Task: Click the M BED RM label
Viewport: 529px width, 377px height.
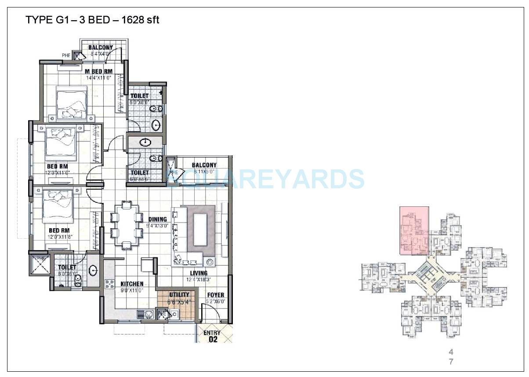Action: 98,71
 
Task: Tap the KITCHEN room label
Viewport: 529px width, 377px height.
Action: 132,284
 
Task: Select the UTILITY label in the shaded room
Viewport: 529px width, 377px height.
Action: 179,294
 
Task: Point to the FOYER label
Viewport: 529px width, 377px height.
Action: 215,295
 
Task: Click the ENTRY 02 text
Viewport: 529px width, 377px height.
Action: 212,336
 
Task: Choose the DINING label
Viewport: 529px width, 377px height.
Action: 157,219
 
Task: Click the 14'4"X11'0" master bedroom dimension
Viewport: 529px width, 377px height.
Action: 98,78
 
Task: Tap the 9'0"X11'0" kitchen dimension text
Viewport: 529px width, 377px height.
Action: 132,291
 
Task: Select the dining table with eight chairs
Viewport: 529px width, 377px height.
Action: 127,224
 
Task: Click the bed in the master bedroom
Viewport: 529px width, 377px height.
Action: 72,102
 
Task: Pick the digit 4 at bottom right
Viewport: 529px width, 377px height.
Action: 450,352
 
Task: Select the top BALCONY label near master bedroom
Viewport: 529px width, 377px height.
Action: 101,47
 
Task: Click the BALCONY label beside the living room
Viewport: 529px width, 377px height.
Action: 204,165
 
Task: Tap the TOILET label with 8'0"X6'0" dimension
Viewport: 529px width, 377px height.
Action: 67,267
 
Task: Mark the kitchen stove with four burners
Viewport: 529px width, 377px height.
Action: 109,284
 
